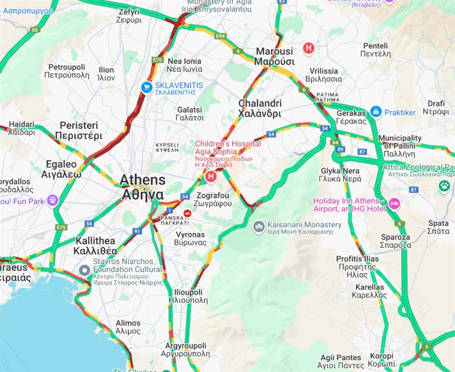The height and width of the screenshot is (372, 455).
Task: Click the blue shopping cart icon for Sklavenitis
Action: click(x=146, y=87)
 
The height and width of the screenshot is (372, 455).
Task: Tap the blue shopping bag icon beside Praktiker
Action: click(x=376, y=112)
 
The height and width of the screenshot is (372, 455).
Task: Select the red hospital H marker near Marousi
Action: click(x=309, y=48)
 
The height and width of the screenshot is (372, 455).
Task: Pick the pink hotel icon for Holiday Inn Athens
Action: click(x=394, y=204)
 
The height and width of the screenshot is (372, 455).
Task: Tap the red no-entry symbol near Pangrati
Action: click(x=187, y=213)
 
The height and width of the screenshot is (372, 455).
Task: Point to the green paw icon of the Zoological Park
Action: click(x=444, y=185)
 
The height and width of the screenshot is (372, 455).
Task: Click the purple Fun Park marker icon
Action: click(x=53, y=200)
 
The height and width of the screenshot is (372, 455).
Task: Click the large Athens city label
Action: click(x=142, y=187)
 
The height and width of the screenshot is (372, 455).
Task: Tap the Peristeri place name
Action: click(x=79, y=130)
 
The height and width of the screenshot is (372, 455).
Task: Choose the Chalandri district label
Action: click(x=260, y=108)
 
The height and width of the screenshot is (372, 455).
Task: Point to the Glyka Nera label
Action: click(x=340, y=174)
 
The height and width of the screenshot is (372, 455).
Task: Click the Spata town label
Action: click(x=438, y=227)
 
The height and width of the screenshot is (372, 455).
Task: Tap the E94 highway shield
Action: click(x=221, y=36)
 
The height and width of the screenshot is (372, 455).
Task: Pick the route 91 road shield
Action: click(x=137, y=231)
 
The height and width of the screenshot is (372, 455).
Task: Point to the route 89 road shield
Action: click(x=341, y=149)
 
